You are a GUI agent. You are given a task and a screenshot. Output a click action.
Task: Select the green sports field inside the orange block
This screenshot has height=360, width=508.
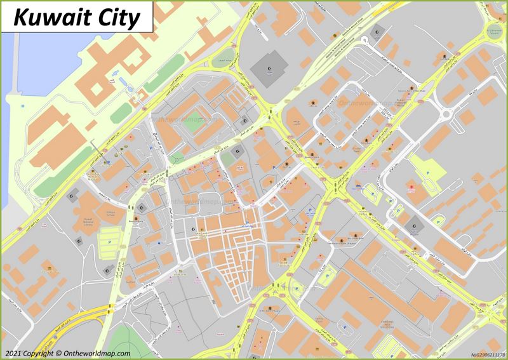pos(191,125)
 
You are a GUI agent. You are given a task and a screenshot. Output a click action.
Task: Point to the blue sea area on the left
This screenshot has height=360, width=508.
pos(13,127)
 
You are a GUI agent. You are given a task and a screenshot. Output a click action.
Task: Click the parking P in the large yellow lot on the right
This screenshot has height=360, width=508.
pos(427,171)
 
